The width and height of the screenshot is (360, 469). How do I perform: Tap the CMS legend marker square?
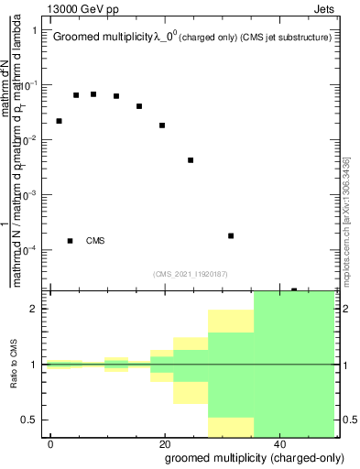[70, 241]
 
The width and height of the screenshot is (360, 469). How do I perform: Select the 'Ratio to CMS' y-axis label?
[16, 365]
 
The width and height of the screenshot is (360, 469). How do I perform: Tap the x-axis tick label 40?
[278, 442]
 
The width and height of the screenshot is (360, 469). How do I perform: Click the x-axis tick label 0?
[50, 442]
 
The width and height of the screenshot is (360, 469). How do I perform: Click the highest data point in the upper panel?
[93, 94]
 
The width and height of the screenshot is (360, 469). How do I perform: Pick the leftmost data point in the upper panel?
[59, 121]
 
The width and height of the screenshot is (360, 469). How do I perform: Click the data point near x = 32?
[231, 235]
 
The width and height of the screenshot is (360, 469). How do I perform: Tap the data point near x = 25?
[191, 160]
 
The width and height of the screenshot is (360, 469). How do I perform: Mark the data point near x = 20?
[162, 125]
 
